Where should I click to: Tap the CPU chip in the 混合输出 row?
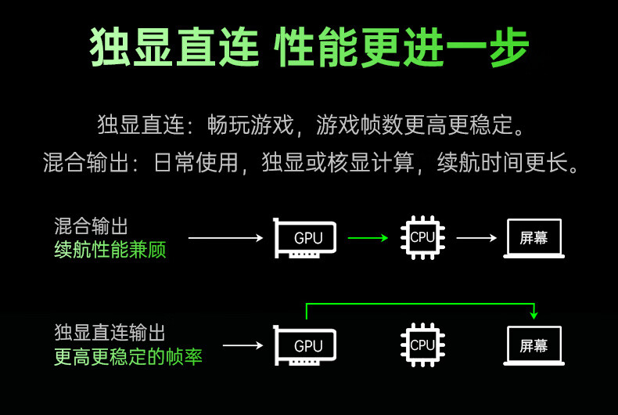(x=422, y=237)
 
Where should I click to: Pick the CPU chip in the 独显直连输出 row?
(x=422, y=345)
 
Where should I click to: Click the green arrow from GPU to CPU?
(x=368, y=238)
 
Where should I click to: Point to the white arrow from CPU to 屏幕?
(x=476, y=238)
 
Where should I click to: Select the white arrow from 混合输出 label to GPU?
(x=226, y=238)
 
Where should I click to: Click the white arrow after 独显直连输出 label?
(x=243, y=345)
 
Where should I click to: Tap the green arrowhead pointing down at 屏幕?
(x=534, y=315)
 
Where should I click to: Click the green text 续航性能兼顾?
(x=110, y=250)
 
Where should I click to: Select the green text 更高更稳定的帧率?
(x=128, y=356)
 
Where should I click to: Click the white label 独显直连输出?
(x=110, y=333)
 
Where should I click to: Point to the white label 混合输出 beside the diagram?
(x=91, y=226)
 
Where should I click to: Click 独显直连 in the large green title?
(x=174, y=47)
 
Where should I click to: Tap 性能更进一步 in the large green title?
(x=401, y=47)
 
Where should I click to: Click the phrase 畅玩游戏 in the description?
(x=250, y=125)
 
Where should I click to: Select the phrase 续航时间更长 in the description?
(x=502, y=162)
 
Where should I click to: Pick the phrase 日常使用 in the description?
(x=196, y=162)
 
